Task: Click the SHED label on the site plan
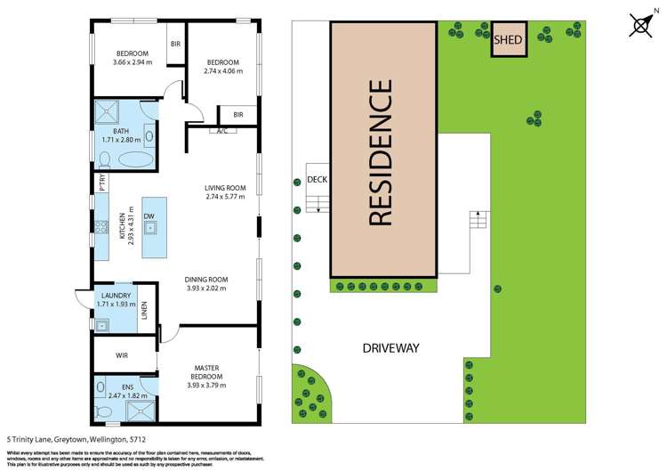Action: (508, 39)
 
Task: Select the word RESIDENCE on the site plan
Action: (380, 152)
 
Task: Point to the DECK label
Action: (317, 179)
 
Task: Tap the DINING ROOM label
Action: (205, 279)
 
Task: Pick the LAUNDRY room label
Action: (117, 296)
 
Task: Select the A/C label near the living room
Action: (220, 131)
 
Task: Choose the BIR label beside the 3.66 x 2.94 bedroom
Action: (174, 44)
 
